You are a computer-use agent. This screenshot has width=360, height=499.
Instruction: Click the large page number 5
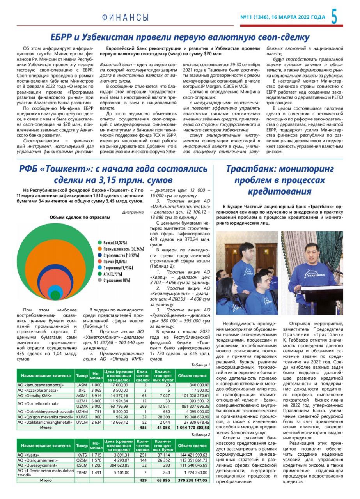point(335,17)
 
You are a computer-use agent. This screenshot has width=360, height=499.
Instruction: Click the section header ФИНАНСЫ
point(125,18)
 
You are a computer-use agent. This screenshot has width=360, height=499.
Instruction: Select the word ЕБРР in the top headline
point(62,37)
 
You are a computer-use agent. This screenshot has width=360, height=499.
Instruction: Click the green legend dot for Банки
point(100,243)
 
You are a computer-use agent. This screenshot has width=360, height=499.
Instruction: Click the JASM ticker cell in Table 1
point(82,384)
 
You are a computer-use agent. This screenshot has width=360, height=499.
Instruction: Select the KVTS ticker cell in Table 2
point(82,455)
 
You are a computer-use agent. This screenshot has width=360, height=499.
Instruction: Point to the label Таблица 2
point(200,434)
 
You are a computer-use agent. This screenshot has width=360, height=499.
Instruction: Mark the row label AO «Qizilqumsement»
point(35,460)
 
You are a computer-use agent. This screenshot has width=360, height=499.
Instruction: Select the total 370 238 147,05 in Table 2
point(193,480)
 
